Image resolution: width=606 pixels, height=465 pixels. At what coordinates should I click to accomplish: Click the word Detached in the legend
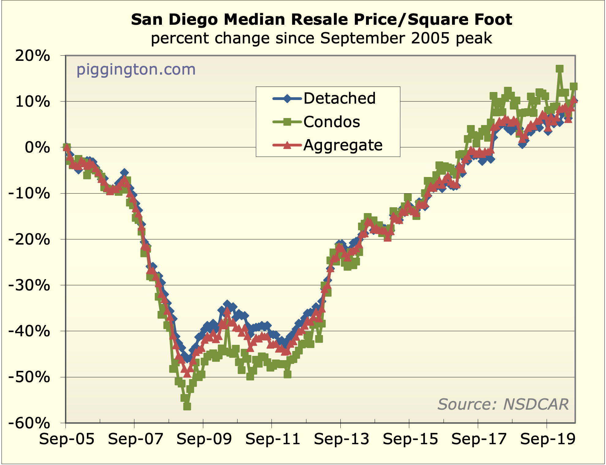[339, 98]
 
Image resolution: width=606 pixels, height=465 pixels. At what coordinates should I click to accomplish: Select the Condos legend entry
[331, 122]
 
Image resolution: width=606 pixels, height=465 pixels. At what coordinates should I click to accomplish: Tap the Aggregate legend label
[343, 145]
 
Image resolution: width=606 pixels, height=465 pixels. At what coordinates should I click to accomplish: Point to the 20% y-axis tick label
[32, 56]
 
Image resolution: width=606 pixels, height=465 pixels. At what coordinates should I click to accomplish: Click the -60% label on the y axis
[29, 423]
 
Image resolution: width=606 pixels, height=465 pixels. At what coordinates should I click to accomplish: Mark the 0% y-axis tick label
[37, 148]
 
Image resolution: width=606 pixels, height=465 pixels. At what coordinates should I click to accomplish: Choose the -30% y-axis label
[29, 286]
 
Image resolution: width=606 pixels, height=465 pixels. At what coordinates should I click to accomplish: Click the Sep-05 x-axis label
[66, 439]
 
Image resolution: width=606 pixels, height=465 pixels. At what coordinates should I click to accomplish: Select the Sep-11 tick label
[273, 439]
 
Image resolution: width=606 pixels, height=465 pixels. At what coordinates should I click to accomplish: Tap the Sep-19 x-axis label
[548, 439]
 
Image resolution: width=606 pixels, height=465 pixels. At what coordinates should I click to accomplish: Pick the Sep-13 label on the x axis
[341, 439]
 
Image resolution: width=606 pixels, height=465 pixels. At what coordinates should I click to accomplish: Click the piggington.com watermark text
[136, 69]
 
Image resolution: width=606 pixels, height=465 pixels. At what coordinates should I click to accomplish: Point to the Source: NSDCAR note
[503, 404]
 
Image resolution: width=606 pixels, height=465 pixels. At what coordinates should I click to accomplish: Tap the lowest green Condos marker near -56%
[187, 406]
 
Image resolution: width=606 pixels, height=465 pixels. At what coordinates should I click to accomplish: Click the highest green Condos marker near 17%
[559, 69]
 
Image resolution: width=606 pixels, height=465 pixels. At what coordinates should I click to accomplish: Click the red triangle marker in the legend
[287, 145]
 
